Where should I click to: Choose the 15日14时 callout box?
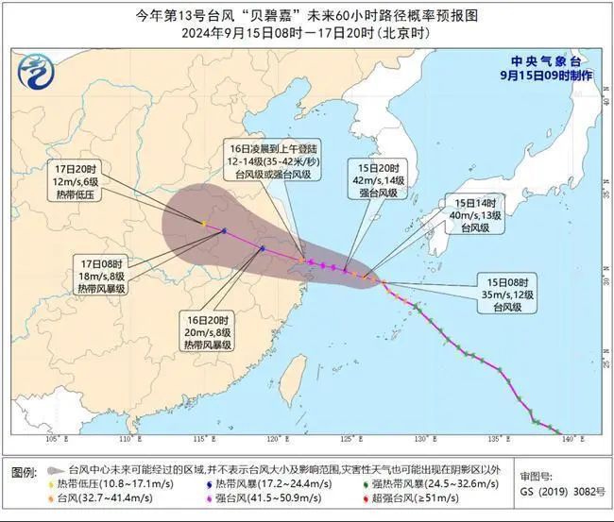[475, 216]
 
